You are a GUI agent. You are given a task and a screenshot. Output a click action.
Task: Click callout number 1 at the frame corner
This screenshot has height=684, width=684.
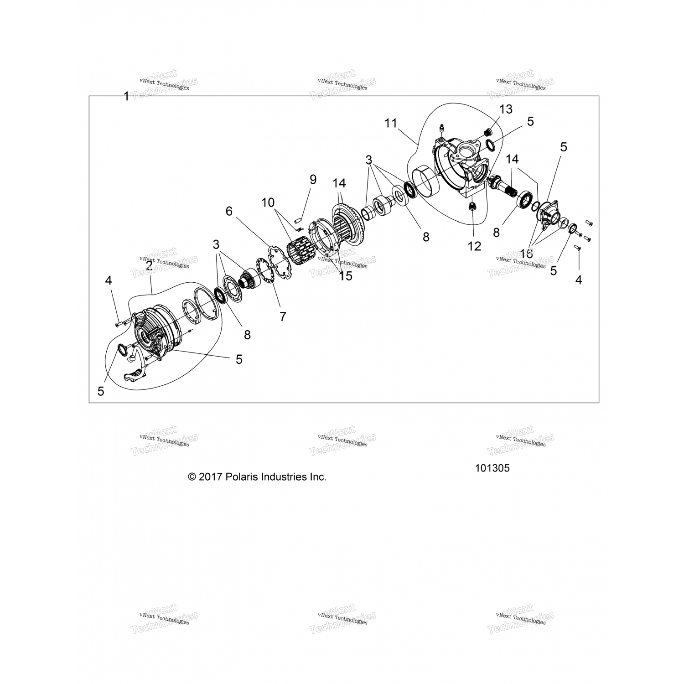click(126, 96)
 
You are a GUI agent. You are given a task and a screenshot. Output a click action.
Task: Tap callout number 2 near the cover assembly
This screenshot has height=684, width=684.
click(149, 265)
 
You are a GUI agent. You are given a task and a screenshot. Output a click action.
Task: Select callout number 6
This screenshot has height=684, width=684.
click(229, 211)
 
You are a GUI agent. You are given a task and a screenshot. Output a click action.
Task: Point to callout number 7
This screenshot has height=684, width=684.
click(283, 316)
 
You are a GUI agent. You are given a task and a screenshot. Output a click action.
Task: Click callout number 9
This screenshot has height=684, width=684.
click(313, 179)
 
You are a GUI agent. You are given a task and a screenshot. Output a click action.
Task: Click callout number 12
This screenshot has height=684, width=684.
click(474, 246)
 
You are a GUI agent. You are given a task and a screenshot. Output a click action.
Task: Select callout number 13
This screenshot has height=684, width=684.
click(506, 109)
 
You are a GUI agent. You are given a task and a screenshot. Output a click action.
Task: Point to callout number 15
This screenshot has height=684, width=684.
click(346, 276)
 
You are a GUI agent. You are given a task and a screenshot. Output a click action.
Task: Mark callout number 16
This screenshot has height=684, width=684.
click(526, 254)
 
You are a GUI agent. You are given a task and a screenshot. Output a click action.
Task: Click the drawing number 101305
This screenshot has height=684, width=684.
click(492, 468)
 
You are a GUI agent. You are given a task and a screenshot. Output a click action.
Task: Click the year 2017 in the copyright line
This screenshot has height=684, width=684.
click(210, 477)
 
